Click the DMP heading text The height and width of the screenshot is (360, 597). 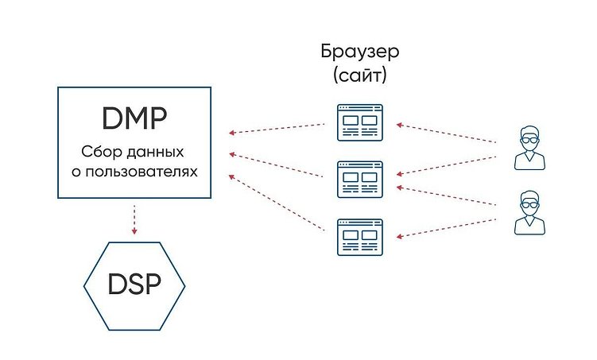click(x=134, y=119)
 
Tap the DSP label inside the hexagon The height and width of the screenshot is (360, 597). click(x=134, y=284)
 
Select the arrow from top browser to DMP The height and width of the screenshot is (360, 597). click(x=276, y=129)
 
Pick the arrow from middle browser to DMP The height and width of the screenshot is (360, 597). click(x=276, y=162)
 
